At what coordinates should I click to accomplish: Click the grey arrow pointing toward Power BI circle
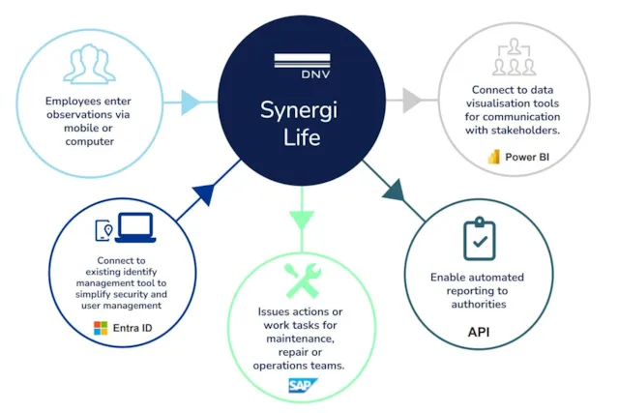pos(412,100)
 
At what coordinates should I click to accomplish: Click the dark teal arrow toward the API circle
pos(393,191)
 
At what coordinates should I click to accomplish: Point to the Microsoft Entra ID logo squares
pos(101,329)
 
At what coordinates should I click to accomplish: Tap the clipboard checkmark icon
pos(480,238)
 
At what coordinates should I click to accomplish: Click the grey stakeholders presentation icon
pos(514,61)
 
